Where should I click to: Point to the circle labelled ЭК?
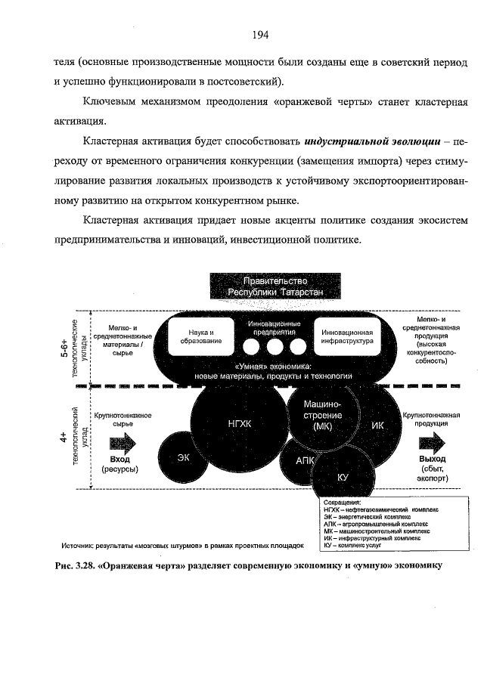[184, 457]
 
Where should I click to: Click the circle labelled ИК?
[379, 425]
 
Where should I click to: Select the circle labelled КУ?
[342, 477]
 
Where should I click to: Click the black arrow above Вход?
[119, 441]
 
